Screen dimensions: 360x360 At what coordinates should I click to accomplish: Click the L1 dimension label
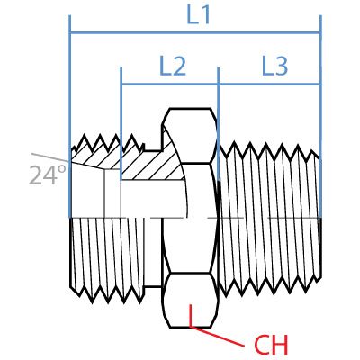tap(197, 15)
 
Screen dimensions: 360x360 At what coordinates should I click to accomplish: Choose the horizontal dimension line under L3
tap(269, 85)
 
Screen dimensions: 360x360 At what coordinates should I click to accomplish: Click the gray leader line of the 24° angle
tap(49, 156)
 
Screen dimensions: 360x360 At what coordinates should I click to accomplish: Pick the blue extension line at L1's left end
tap(70, 90)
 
